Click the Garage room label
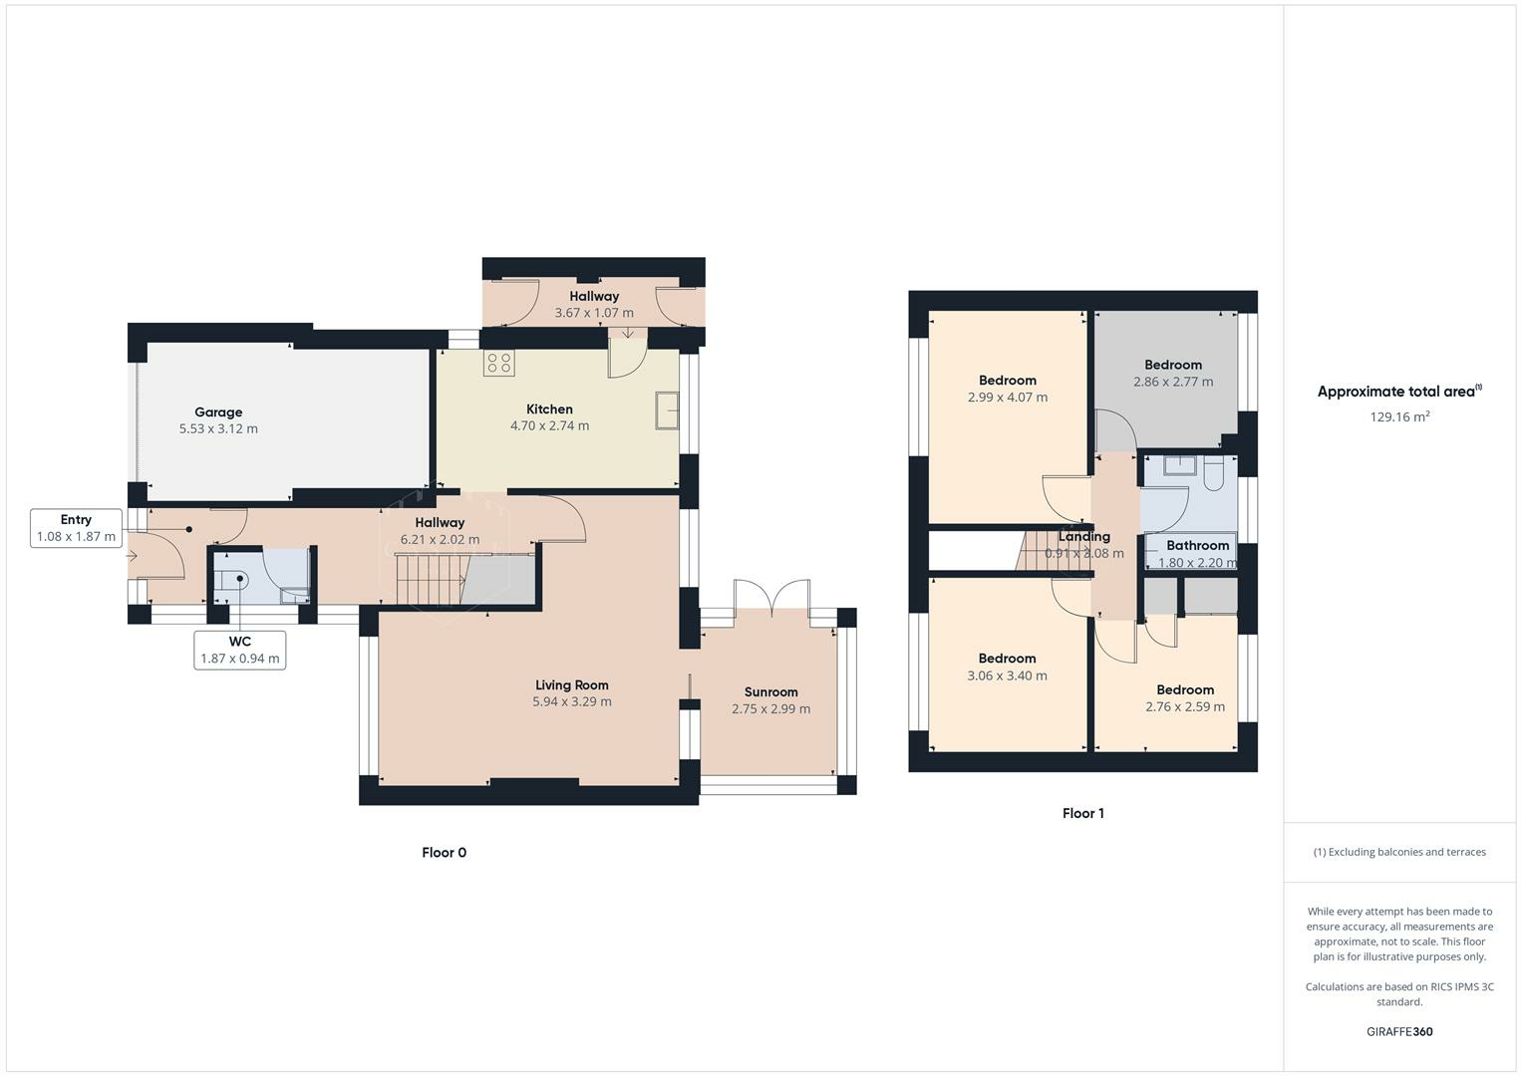(x=218, y=411)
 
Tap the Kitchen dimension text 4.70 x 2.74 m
(x=549, y=425)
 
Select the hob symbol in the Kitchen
(x=498, y=363)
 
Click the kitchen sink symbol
(x=667, y=408)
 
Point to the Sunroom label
(x=770, y=691)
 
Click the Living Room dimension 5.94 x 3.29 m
(x=571, y=701)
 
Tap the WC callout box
(x=240, y=650)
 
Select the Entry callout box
(x=76, y=528)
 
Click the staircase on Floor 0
(x=432, y=579)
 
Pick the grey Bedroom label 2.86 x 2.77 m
(x=1173, y=373)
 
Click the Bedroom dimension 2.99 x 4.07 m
(x=1007, y=397)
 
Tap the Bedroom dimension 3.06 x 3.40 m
(x=1007, y=675)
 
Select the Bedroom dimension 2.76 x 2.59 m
(x=1185, y=706)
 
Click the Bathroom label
(x=1197, y=545)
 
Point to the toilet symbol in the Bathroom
(x=1213, y=476)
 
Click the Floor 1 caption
(x=1082, y=813)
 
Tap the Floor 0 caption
(x=444, y=852)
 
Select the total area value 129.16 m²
(x=1399, y=416)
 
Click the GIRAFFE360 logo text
(x=1399, y=1031)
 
